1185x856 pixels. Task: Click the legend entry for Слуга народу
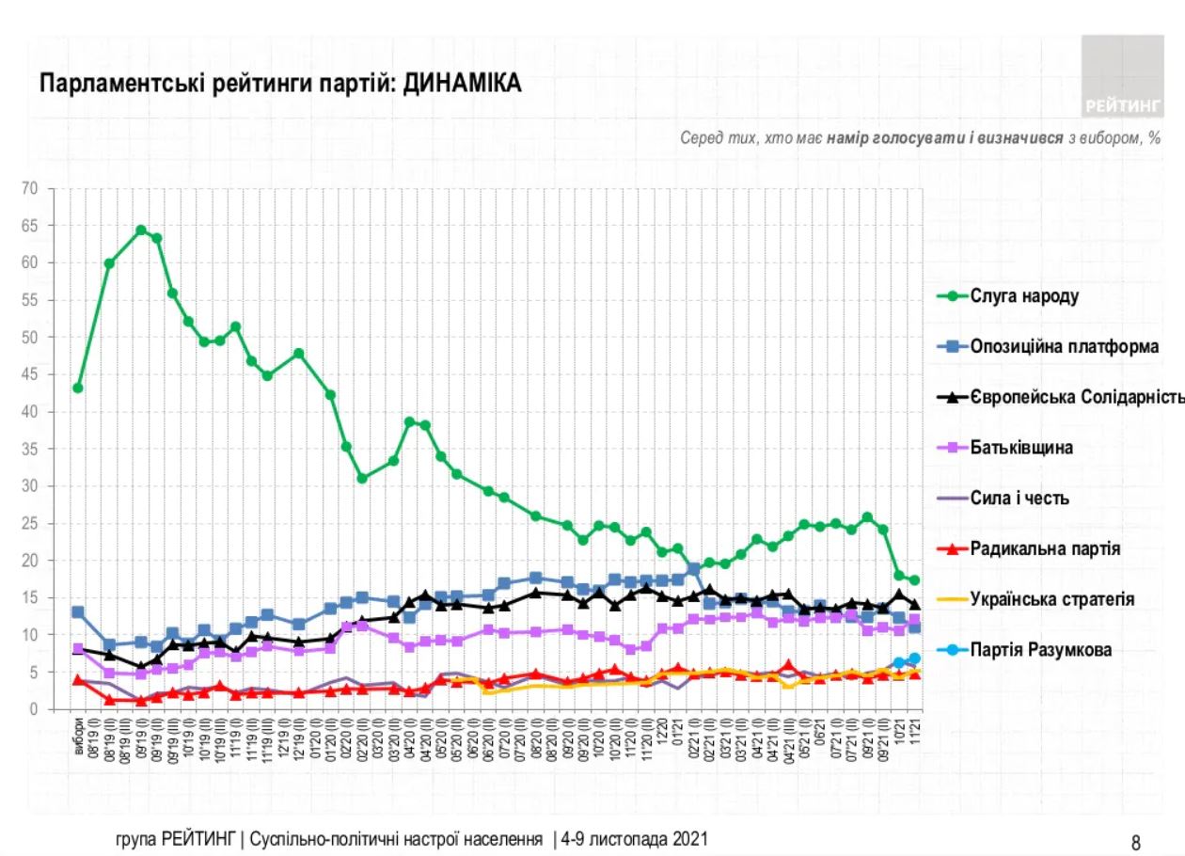coord(1023,296)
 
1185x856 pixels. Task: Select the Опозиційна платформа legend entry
coord(1064,347)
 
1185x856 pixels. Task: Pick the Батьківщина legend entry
coord(1021,448)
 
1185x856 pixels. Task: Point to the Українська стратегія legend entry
coord(1052,599)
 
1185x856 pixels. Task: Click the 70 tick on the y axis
coord(29,188)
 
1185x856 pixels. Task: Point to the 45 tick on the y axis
coord(29,374)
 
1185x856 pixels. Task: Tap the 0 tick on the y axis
coord(33,709)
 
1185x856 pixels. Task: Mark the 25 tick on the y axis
coord(29,523)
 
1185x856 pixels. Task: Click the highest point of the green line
coord(141,230)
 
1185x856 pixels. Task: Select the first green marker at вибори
coord(78,388)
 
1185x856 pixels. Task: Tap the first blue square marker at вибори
coord(78,612)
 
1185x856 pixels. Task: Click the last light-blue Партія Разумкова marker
coord(914,658)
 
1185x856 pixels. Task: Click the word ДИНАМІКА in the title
coord(462,85)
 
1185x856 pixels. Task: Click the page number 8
coord(1135,842)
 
